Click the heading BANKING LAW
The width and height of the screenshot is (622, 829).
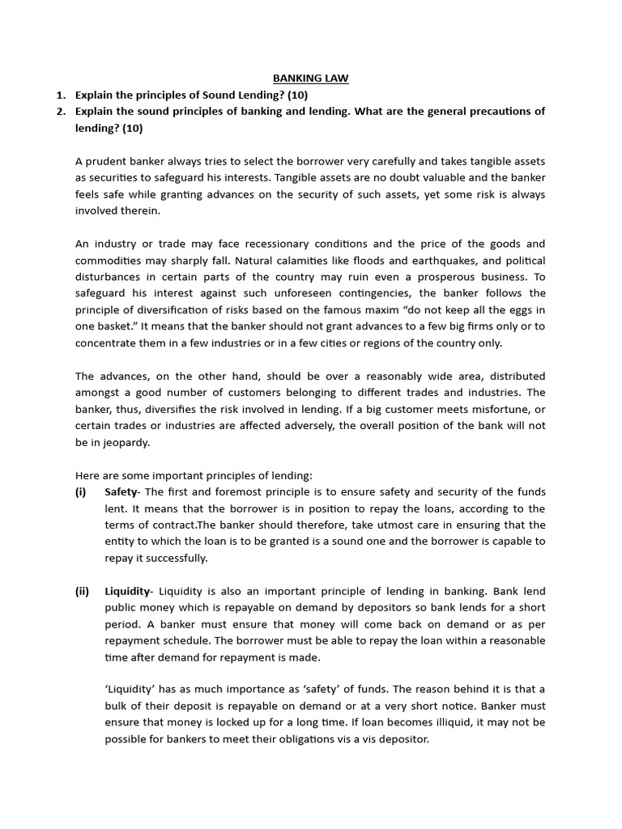point(310,78)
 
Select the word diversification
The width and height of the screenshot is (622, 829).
point(173,310)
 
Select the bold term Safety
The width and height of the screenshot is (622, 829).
point(121,492)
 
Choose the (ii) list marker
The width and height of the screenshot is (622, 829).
point(82,591)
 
